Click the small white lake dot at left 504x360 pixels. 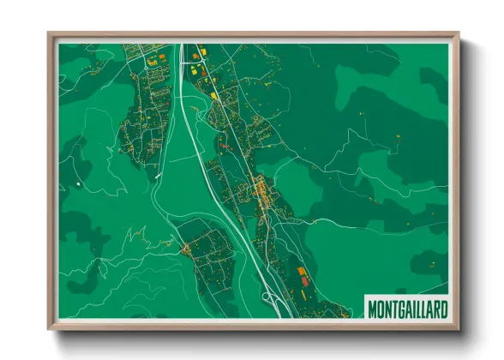coord(77,183)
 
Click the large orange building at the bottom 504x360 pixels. coord(301,273)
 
